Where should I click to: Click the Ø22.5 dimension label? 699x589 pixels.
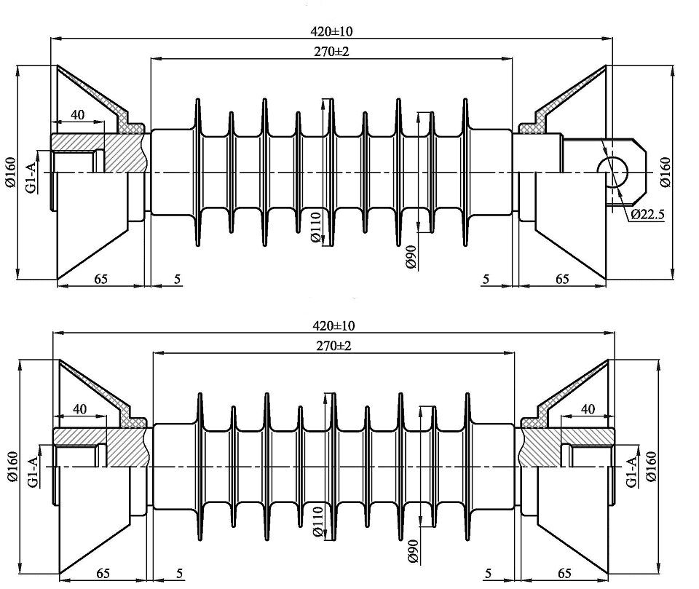point(647,214)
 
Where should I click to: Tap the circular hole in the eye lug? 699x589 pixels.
point(613,170)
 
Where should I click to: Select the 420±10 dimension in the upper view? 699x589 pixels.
point(331,31)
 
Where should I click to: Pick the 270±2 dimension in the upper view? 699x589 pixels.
point(332,52)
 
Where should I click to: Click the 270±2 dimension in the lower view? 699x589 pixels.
point(334,346)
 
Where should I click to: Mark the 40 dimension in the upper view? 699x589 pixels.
point(77,114)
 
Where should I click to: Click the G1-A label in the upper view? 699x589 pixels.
point(31,178)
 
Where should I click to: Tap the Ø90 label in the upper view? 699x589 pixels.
point(410,258)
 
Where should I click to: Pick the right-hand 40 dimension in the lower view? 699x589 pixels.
point(588,409)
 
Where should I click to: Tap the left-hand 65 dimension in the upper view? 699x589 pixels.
point(101,278)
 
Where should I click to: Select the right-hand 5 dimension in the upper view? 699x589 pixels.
point(486,278)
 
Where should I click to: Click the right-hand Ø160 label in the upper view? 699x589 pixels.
point(666,172)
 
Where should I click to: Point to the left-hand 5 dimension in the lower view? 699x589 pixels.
point(179,574)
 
